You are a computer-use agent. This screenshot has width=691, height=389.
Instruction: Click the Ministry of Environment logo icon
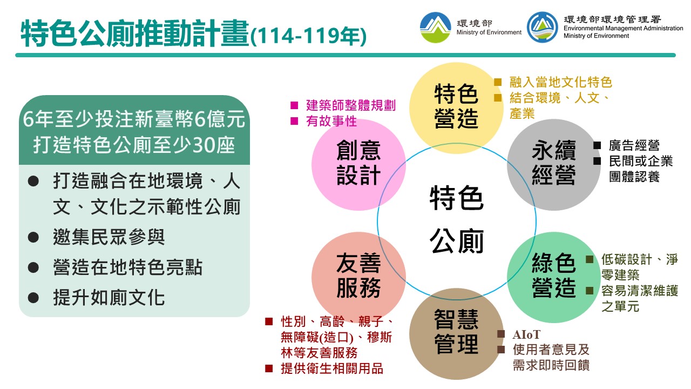[x=435, y=27]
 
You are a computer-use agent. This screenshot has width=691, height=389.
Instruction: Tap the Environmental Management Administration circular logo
[x=543, y=27]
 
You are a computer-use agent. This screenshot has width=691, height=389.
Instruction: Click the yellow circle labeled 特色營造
[x=456, y=108]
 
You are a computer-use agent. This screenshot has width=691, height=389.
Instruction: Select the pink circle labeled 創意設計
[x=358, y=165]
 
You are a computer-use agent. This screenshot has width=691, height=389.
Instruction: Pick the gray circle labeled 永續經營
[x=554, y=165]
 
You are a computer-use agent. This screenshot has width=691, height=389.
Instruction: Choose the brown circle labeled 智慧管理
[x=456, y=334]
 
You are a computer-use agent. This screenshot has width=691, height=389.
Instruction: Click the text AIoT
[x=526, y=334]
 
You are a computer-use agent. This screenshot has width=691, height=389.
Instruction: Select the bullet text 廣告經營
[x=634, y=145]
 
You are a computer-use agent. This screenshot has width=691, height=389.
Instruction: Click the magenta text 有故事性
[x=331, y=121]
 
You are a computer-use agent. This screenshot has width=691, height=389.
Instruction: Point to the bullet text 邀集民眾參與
[x=109, y=237]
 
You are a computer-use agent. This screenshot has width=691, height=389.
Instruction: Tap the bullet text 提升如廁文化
[x=109, y=297]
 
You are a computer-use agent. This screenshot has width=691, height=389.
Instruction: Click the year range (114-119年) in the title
[x=308, y=36]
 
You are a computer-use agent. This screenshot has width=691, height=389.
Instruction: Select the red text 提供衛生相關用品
[x=332, y=368]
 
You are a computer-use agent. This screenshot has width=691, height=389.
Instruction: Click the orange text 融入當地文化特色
[x=560, y=82]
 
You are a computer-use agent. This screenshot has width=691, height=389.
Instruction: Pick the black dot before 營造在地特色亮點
[x=33, y=267]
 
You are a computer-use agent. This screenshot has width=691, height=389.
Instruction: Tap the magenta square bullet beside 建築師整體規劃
[x=294, y=105]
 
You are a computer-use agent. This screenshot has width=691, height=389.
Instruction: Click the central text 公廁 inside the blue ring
[x=457, y=241]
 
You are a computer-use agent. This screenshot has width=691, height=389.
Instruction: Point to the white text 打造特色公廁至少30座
[x=134, y=145]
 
